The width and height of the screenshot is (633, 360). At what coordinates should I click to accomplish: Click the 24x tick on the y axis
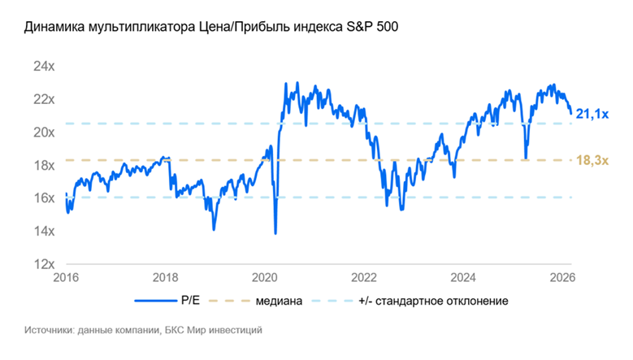tap(43, 66)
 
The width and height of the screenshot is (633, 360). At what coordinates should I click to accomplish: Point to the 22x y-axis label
tap(43, 99)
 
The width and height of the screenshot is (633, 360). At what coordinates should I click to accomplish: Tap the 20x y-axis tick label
tap(43, 132)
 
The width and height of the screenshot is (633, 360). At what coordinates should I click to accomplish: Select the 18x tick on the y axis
tap(43, 165)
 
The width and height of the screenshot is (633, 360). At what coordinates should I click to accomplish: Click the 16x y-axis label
tap(43, 198)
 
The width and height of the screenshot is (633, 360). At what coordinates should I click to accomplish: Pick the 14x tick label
tap(43, 232)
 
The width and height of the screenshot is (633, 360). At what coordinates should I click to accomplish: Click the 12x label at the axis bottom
tap(43, 264)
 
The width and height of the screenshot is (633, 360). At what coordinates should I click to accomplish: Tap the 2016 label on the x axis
tap(65, 277)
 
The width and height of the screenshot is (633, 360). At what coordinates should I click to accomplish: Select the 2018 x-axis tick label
tap(166, 277)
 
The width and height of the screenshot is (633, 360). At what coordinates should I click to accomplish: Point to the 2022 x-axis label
tap(366, 277)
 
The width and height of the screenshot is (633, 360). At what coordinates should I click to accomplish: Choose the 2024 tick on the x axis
tap(467, 277)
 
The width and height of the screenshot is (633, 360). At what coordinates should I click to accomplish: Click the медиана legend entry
tap(279, 301)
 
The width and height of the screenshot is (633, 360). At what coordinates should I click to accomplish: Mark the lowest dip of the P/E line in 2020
tap(275, 233)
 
